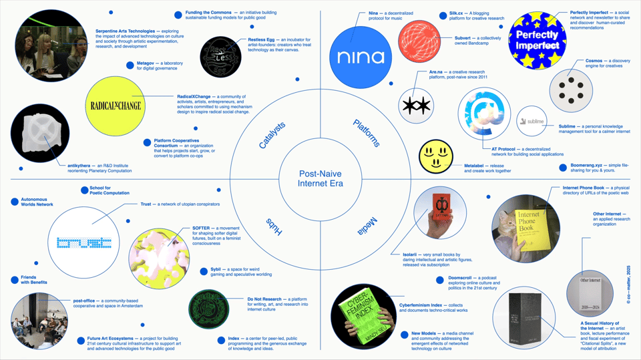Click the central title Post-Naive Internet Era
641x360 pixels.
pyautogui.click(x=320, y=178)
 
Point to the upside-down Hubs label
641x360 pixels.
pyautogui.click(x=274, y=226)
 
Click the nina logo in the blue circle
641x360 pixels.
pyautogui.click(x=361, y=57)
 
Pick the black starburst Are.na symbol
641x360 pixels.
pyautogui.click(x=417, y=105)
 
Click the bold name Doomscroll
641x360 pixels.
pyautogui.click(x=466, y=277)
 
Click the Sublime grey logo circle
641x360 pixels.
pyautogui.click(x=533, y=122)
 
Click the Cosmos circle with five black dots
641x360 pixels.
pyautogui.click(x=571, y=89)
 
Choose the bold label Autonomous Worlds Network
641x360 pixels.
pyautogui.click(x=37, y=202)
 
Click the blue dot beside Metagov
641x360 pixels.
pyautogui.click(x=131, y=65)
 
